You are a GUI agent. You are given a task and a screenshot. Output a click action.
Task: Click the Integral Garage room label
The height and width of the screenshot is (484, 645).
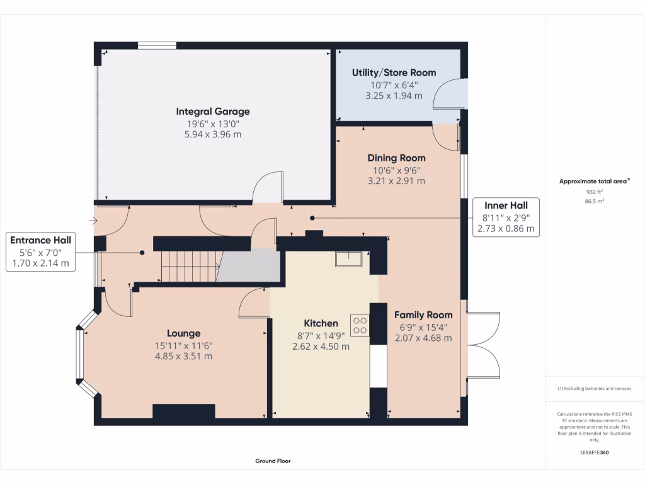213,112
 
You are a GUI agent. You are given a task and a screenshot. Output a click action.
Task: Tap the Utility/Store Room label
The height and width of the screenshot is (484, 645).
394,72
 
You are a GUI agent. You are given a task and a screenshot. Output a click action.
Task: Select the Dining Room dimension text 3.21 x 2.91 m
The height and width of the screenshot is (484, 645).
396,180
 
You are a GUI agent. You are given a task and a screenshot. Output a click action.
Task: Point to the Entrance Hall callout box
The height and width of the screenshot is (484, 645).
40,252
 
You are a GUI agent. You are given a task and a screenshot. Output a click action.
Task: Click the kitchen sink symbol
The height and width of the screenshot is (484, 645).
348,259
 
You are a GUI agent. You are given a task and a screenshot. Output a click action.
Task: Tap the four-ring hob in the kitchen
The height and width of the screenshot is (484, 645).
360,325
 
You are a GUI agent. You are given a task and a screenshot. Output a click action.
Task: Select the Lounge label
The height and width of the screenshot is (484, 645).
184,333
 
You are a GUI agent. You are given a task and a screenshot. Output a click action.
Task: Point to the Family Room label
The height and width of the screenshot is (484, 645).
423,314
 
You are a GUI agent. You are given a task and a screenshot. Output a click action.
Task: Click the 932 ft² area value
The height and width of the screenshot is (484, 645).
595,191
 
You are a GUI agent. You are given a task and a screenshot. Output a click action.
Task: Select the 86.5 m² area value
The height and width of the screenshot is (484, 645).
595,201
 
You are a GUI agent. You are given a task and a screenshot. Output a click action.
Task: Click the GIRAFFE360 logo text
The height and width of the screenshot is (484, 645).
595,452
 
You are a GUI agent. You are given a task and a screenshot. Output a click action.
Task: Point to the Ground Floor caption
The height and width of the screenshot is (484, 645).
273,461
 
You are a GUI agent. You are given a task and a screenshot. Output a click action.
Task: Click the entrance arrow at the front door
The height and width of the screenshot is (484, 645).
93,221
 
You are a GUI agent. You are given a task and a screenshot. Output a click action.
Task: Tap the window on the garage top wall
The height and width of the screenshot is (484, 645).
157,45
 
